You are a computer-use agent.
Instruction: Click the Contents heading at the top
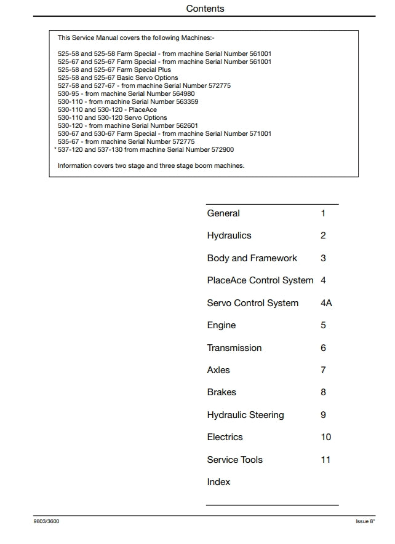(x=205, y=9)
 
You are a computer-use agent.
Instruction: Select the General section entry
(x=223, y=213)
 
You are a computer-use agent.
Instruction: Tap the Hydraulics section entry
(x=229, y=235)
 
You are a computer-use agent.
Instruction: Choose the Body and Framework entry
(x=252, y=258)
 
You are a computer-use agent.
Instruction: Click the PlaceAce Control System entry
(x=260, y=280)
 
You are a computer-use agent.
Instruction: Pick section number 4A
(x=326, y=303)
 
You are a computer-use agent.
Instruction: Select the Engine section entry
(x=221, y=325)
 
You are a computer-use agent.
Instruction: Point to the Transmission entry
(x=234, y=348)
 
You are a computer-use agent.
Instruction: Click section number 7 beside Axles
(x=323, y=370)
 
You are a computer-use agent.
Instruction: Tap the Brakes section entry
(x=221, y=392)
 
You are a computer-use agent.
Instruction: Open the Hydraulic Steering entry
(x=245, y=415)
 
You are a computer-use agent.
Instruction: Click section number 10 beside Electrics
(x=325, y=437)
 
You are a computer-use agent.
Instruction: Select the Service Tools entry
(x=234, y=460)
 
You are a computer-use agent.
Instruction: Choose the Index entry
(x=218, y=482)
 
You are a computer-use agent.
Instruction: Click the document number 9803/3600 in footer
(x=46, y=521)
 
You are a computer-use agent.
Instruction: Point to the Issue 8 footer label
(x=365, y=521)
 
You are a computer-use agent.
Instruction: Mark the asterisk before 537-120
(x=55, y=149)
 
